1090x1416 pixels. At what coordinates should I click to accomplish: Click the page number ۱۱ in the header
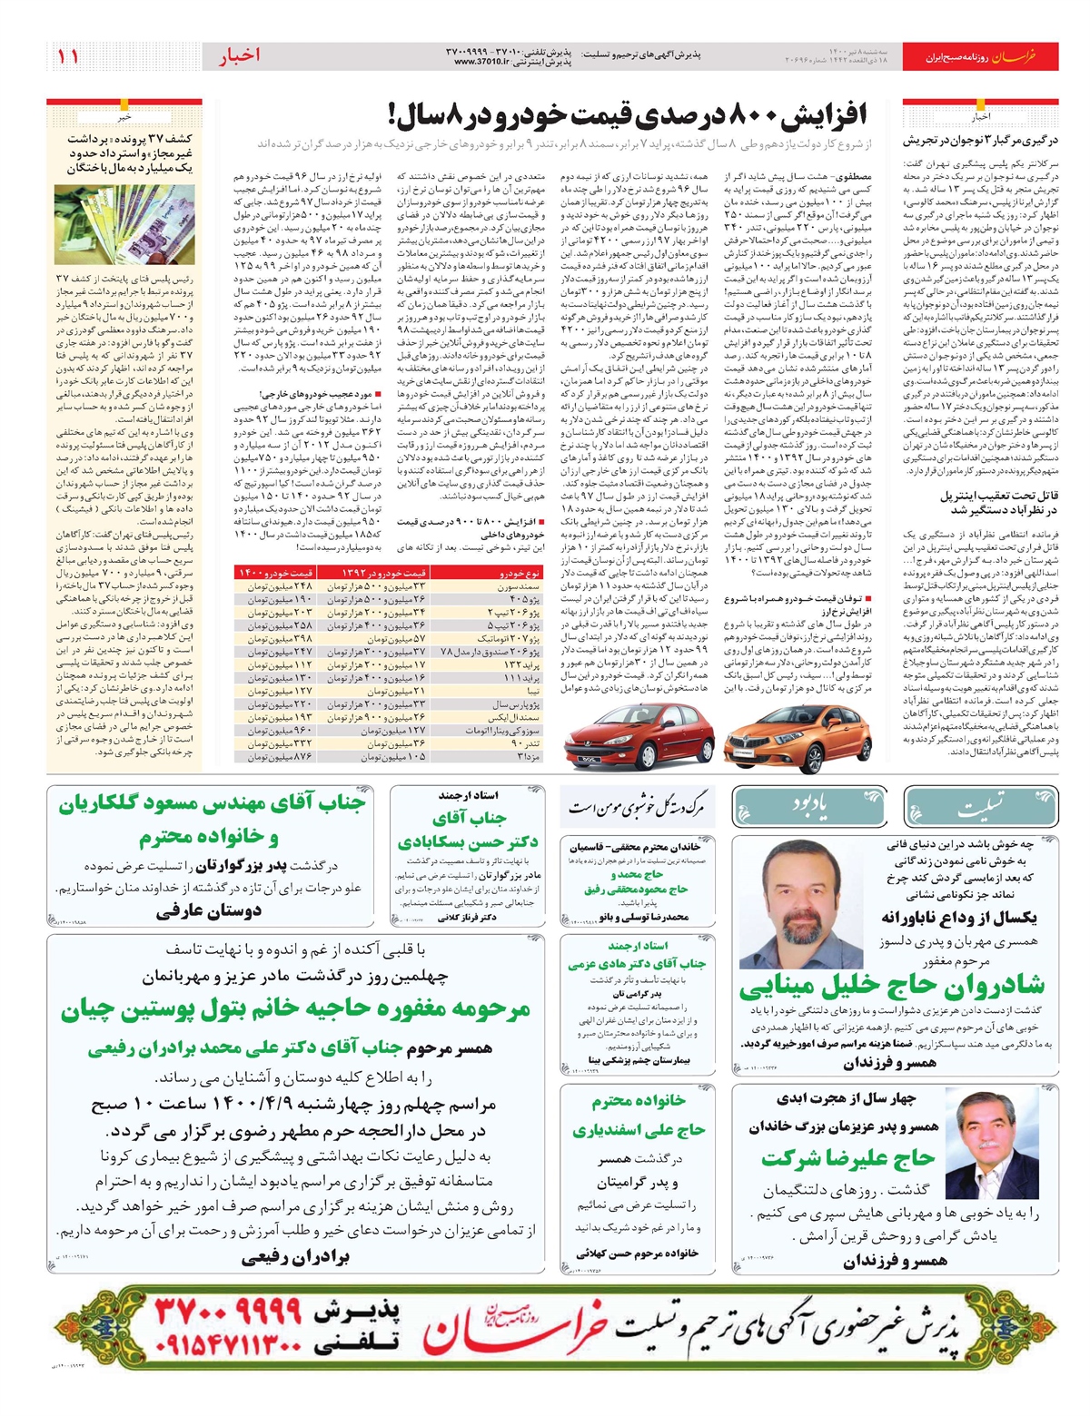click(x=68, y=56)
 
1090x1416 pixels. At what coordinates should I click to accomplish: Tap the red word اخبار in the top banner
click(x=239, y=56)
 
